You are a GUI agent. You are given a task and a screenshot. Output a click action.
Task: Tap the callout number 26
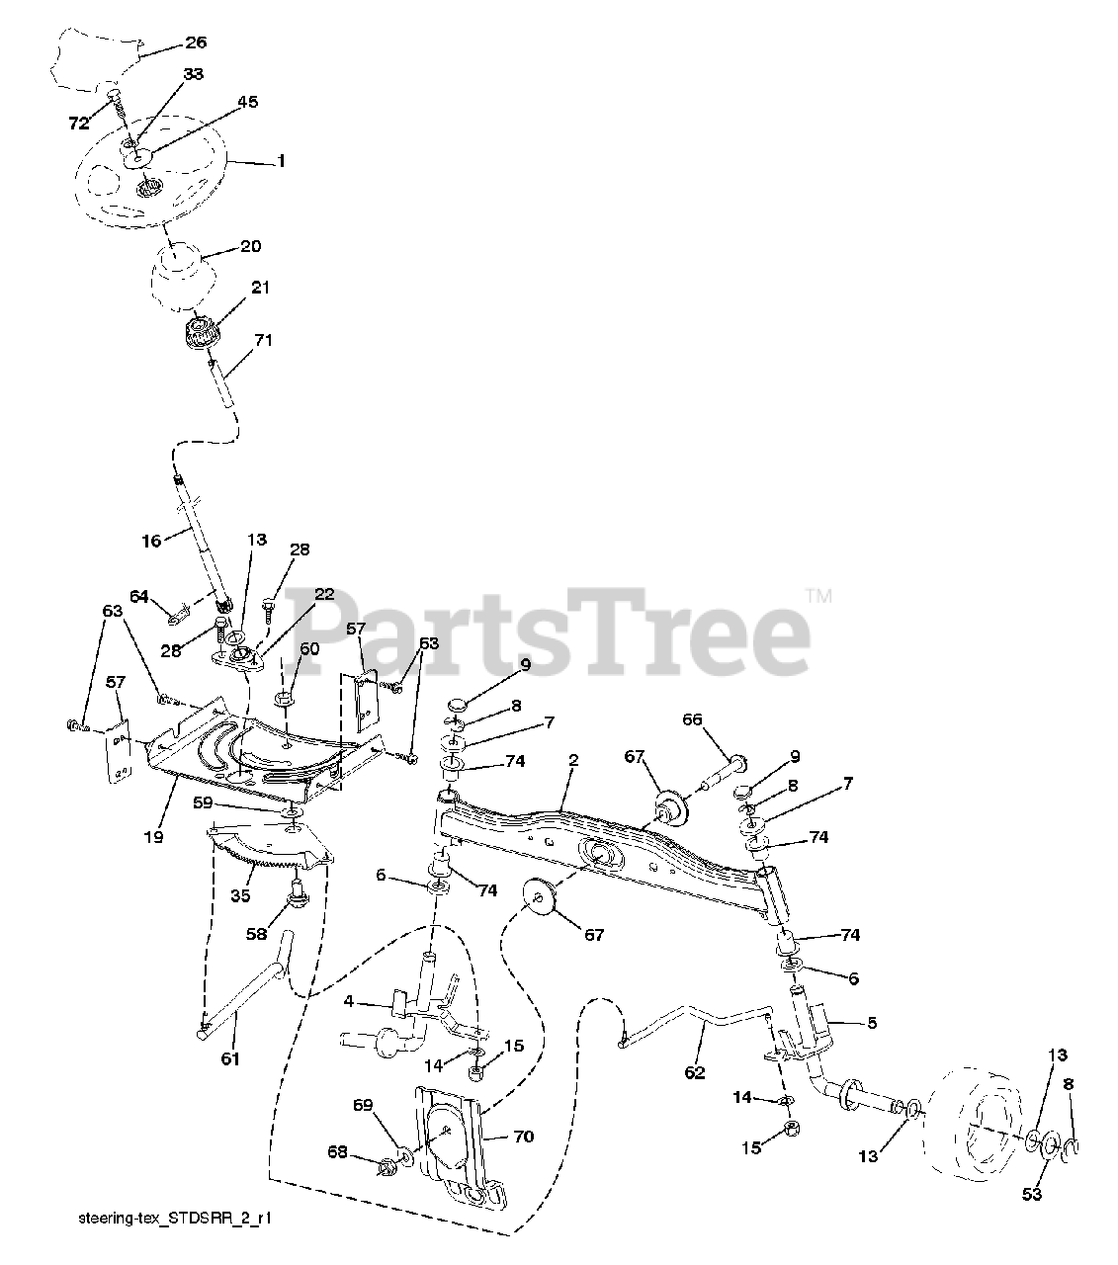click(196, 42)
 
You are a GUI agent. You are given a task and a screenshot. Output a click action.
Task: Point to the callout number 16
click(151, 542)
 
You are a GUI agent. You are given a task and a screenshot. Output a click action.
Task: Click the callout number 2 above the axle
click(573, 761)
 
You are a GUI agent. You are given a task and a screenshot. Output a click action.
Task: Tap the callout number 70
click(524, 1138)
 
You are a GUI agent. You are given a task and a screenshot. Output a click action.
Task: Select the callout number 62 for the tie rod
click(695, 1072)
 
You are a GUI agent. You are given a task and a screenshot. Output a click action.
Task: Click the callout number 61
click(230, 1058)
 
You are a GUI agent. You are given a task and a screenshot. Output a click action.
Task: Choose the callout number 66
click(692, 720)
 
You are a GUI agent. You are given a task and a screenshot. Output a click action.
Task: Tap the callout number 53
click(1031, 1195)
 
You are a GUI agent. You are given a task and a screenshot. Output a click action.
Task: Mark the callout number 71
click(263, 340)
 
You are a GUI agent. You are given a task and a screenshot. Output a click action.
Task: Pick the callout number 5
click(871, 1023)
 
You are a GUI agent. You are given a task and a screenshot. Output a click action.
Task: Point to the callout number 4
click(348, 1002)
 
